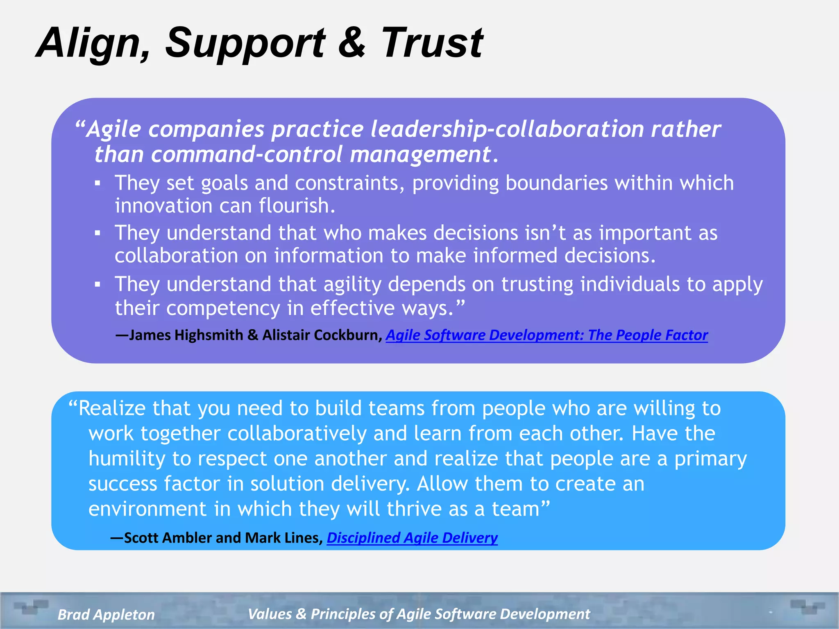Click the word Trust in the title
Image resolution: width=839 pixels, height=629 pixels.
[x=432, y=43]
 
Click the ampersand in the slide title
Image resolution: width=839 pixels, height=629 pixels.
[x=351, y=42]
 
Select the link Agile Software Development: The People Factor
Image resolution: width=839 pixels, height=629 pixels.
[x=546, y=335]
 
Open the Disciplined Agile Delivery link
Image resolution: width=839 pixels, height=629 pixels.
[x=412, y=538]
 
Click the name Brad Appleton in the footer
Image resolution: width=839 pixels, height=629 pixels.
[x=106, y=614]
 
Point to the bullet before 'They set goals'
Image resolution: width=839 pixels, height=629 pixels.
[x=98, y=183]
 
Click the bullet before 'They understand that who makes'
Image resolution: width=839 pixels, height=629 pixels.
[x=98, y=233]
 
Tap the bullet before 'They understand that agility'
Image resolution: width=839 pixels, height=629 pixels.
[x=98, y=284]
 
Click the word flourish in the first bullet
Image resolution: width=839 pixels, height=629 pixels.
[x=297, y=206]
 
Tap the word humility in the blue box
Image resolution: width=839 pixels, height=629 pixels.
[x=127, y=459]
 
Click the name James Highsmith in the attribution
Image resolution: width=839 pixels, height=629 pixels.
[x=186, y=335]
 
